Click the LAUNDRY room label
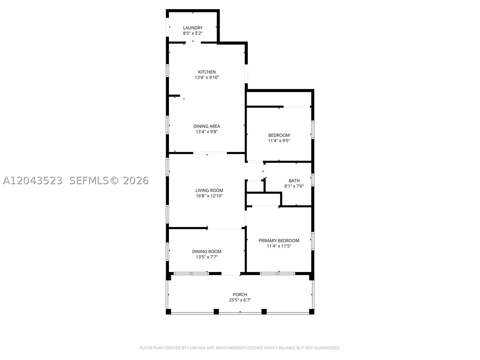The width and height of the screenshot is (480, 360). [193, 28]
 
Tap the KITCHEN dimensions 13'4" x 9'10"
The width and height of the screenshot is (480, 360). [207, 77]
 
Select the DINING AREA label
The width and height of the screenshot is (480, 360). [207, 126]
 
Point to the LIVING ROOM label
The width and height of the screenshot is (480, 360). [209, 190]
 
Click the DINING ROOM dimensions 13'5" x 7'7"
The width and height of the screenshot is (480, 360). [207, 257]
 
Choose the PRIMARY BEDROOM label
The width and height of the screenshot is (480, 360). [279, 240]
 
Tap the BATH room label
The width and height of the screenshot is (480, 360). [294, 181]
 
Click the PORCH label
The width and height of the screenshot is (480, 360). [240, 294]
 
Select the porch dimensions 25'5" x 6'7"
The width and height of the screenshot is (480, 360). [240, 300]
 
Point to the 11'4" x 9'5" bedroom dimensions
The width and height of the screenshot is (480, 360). [279, 140]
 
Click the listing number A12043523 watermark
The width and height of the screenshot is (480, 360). [33, 181]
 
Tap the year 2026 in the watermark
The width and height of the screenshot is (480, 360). [136, 181]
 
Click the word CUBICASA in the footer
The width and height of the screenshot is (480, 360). [196, 348]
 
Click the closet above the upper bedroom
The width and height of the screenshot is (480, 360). [279, 99]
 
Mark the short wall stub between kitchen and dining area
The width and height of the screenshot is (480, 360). [174, 95]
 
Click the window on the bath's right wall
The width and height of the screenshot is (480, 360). [313, 180]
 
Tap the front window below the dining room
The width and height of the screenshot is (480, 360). [191, 273]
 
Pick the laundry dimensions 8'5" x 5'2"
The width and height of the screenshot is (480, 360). [193, 33]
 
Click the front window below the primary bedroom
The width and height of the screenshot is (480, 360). [277, 273]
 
